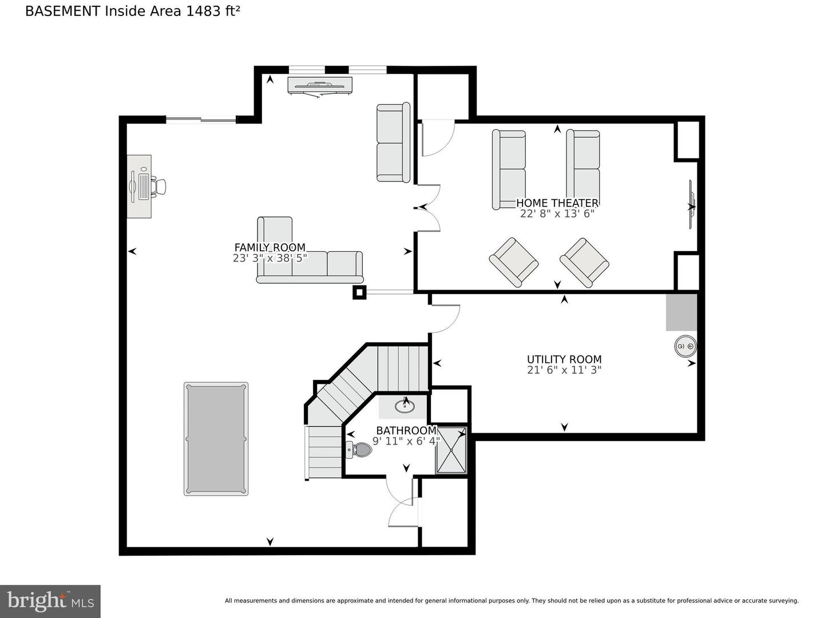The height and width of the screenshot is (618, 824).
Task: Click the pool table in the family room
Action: click(x=216, y=438)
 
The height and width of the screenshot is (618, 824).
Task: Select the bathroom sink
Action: click(x=405, y=406)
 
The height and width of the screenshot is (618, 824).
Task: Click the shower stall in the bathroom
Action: click(x=451, y=450)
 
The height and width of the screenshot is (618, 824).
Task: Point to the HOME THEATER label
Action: click(x=557, y=203)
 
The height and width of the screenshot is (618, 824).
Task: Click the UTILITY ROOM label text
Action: click(x=564, y=359)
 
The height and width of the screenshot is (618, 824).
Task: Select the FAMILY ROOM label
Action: click(x=270, y=247)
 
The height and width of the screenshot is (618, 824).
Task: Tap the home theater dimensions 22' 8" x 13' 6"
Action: click(x=557, y=214)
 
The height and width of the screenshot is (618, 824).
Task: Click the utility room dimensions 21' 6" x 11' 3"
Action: click(x=564, y=370)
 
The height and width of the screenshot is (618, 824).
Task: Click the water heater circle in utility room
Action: click(x=685, y=347)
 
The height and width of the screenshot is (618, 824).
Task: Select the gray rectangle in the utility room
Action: click(x=681, y=312)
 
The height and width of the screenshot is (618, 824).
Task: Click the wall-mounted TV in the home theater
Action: click(x=691, y=205)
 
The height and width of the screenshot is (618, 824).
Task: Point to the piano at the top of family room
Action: click(x=319, y=85)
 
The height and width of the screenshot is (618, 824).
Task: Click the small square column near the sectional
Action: click(x=359, y=292)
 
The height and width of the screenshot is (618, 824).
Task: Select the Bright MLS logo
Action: click(x=50, y=601)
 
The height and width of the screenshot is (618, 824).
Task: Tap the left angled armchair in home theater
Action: click(x=513, y=262)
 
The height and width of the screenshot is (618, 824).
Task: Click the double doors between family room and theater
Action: click(x=428, y=208)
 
